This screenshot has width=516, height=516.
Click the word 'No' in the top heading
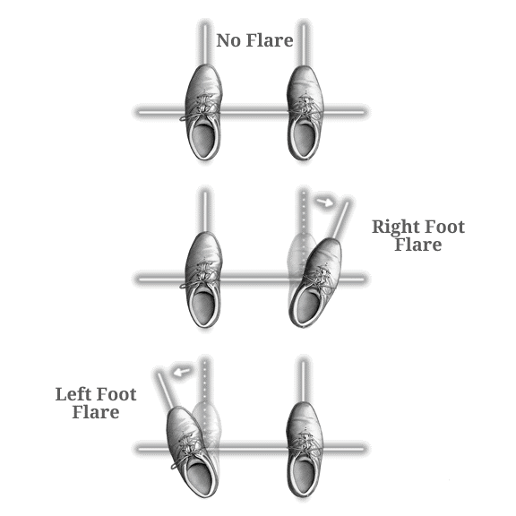tap(228, 40)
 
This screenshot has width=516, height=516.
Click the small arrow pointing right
tap(324, 202)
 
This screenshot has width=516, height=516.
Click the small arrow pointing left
tap(182, 372)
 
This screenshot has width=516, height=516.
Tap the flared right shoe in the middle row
tap(315, 282)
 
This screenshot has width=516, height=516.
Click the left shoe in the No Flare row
tap(203, 112)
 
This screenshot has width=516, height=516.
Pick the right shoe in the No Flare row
tap(305, 113)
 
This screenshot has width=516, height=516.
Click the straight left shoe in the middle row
tap(203, 279)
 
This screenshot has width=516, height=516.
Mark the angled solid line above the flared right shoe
tap(340, 219)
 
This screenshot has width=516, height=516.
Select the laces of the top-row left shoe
tap(201, 105)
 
